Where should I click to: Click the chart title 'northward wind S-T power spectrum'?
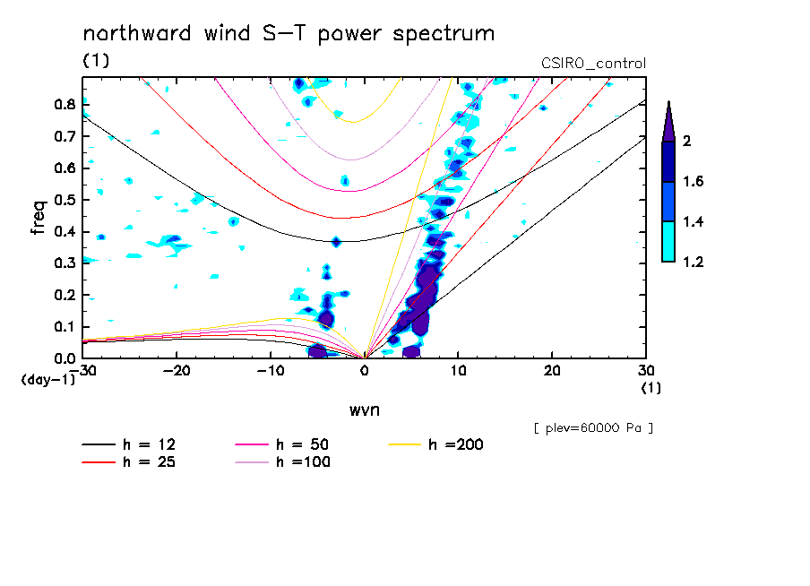pyautogui.click(x=289, y=34)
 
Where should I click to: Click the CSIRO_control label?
pyautogui.click(x=593, y=64)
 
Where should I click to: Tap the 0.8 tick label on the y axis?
pyautogui.click(x=64, y=104)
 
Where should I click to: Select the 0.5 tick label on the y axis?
pyautogui.click(x=64, y=200)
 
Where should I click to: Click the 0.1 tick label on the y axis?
pyautogui.click(x=64, y=327)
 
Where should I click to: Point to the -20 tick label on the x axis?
pyautogui.click(x=177, y=371)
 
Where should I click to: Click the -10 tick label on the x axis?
pyautogui.click(x=271, y=371)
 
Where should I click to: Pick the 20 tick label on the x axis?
pyautogui.click(x=552, y=371)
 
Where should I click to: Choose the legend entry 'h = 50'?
pyautogui.click(x=303, y=444)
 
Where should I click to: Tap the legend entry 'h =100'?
pyautogui.click(x=303, y=461)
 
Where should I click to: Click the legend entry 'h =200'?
pyautogui.click(x=456, y=444)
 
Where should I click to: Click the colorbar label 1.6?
pyautogui.click(x=694, y=182)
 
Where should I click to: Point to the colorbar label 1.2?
pyautogui.click(x=694, y=262)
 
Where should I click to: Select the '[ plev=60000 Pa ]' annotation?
pyautogui.click(x=593, y=428)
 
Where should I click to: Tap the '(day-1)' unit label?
pyautogui.click(x=47, y=380)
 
